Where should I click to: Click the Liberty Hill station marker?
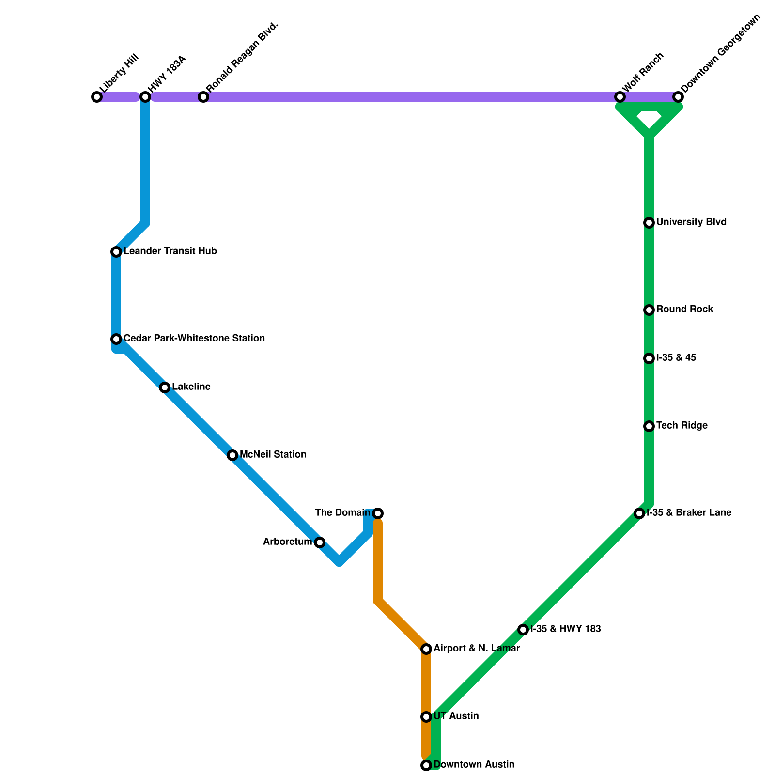coord(97,97)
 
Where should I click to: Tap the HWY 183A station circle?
coord(145,97)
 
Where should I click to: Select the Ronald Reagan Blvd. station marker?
coord(203,97)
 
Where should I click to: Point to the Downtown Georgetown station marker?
coord(678,97)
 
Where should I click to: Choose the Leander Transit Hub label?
coord(170,251)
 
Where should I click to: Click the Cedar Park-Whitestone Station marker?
coord(116,339)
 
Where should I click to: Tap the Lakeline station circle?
coord(165,387)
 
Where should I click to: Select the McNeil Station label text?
coord(273,455)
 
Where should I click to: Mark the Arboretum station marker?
coord(320,542)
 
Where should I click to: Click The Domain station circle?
coord(378,513)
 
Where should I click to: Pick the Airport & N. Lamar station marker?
coord(426,649)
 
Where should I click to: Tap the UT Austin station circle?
coord(426,717)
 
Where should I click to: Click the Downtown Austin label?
coord(474,765)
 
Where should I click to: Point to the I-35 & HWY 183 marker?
coord(523,630)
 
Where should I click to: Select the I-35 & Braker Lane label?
coord(689,513)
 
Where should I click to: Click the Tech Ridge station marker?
coord(649,426)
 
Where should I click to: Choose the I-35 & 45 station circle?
coord(649,358)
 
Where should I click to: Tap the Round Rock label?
coord(684,310)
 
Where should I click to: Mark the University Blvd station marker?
coord(649,223)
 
